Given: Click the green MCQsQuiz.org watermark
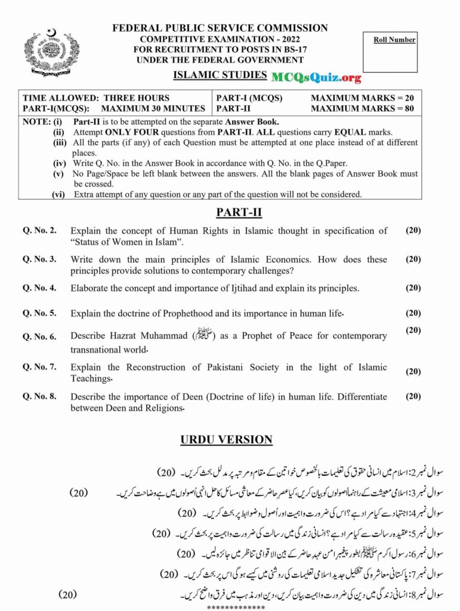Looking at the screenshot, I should [316, 77].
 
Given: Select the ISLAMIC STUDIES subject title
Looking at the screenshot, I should [220, 75].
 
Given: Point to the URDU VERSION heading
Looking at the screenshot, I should [226, 440].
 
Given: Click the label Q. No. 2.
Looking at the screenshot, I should [39, 231].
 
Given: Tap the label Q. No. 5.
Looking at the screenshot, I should [39, 313].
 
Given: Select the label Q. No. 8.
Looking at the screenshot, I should [39, 396].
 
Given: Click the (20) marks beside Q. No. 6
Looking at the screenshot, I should [413, 330].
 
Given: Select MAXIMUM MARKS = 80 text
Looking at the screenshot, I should [362, 109].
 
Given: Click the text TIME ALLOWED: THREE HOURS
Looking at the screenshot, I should [96, 98].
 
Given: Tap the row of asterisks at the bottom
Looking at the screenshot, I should [236, 607].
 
